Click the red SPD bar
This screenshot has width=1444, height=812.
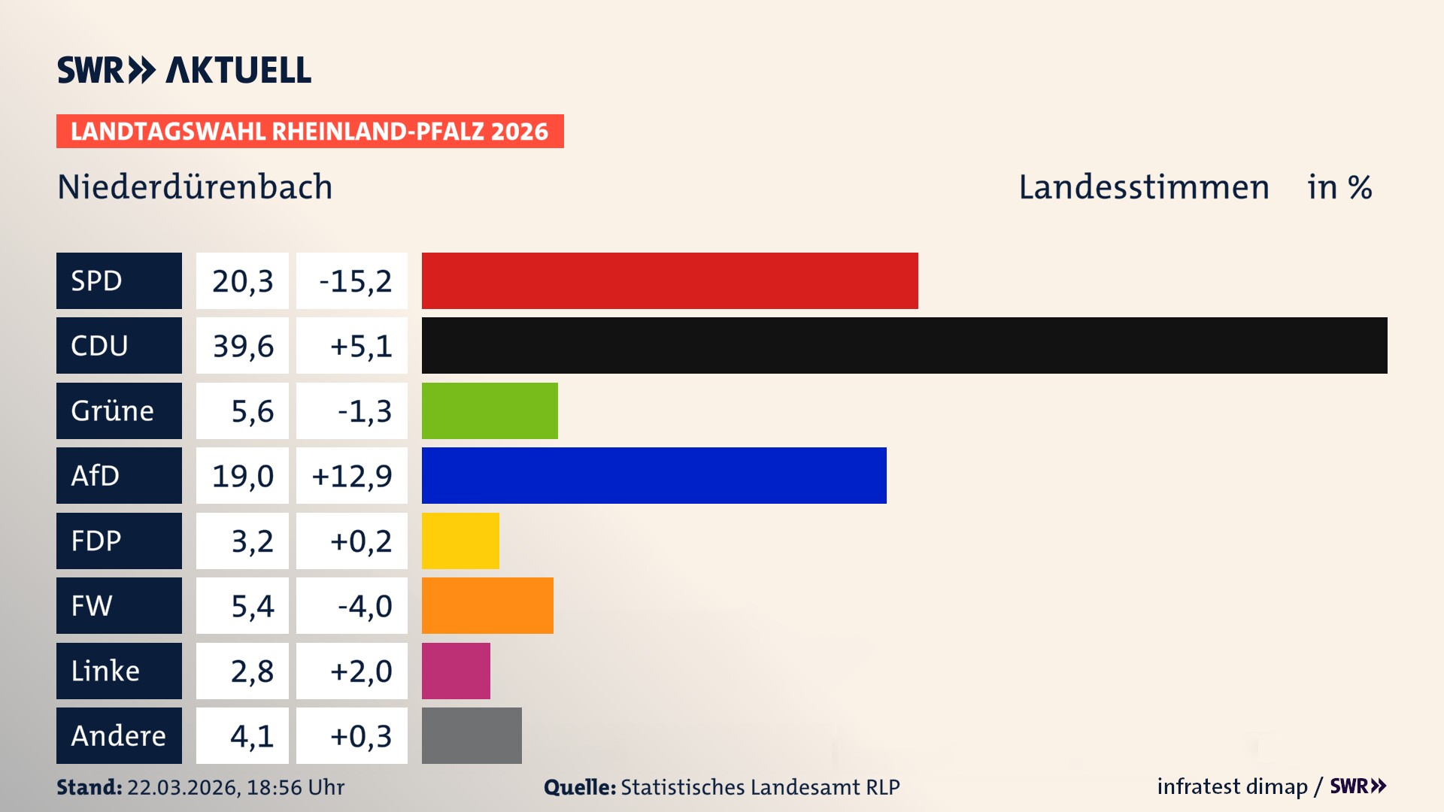[x=669, y=280]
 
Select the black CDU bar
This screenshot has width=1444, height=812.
[x=904, y=346]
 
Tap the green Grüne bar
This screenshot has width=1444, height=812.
[x=490, y=411]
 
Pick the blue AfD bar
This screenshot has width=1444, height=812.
[x=654, y=475]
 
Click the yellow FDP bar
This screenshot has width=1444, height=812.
[x=460, y=541]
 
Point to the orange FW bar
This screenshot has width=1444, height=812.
[x=487, y=605]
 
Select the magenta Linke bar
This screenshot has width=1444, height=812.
[x=456, y=671]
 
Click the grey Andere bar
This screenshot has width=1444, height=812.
[x=472, y=735]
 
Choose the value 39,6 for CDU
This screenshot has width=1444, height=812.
[x=242, y=346]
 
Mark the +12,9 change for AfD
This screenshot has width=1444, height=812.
[x=352, y=475]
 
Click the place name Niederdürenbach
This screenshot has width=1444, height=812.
[x=195, y=186]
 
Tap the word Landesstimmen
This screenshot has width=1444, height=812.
[x=1144, y=186]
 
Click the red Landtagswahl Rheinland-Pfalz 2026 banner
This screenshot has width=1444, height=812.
[x=310, y=131]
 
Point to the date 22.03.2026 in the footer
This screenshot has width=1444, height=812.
[x=183, y=787]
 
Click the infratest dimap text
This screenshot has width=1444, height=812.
[x=1232, y=786]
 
